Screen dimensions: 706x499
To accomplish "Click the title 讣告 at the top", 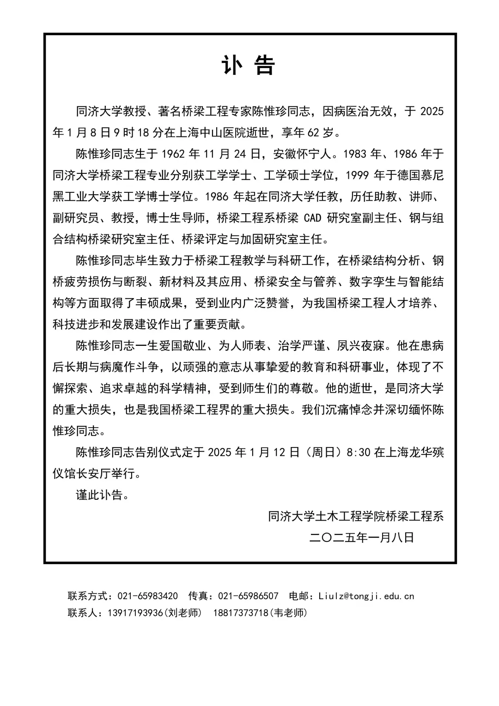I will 249,65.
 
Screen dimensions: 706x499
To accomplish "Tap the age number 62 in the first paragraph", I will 313,133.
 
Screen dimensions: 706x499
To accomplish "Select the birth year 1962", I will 174,154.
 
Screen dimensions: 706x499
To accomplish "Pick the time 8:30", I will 358,452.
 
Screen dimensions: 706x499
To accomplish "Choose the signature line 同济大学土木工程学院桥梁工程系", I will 356,516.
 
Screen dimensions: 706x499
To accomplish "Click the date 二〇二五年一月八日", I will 362,537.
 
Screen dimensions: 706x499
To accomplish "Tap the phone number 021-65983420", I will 148,596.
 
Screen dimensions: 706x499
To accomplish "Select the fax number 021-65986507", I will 248,596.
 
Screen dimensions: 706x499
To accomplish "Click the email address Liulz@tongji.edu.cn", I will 366,596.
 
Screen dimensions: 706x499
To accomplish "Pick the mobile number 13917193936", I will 135,613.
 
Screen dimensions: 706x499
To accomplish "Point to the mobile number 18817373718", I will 241,613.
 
